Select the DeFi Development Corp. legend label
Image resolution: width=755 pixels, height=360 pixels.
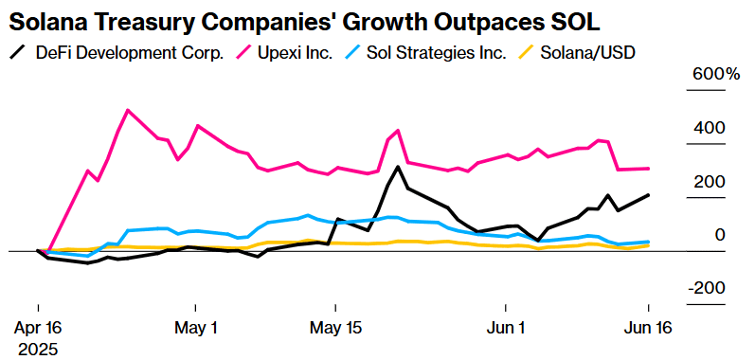(x=130, y=53)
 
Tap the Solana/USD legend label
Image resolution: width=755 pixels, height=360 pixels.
(x=587, y=53)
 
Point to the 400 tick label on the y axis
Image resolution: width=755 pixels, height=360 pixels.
(x=710, y=128)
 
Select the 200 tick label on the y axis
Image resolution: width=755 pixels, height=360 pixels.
(x=710, y=182)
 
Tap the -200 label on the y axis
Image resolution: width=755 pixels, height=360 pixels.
(x=707, y=289)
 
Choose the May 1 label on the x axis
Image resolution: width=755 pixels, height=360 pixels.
(x=194, y=328)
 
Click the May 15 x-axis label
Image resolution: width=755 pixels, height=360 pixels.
(x=335, y=328)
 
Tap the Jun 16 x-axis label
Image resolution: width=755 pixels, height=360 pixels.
(x=648, y=328)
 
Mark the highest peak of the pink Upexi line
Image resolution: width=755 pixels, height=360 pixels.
(x=128, y=110)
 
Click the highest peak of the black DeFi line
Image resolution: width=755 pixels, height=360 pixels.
(x=398, y=167)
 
